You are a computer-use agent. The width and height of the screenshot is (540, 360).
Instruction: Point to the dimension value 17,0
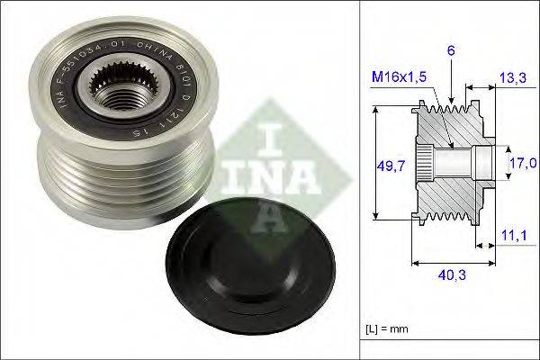pos(522,164)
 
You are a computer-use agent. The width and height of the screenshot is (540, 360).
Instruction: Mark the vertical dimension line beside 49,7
pos(373,165)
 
